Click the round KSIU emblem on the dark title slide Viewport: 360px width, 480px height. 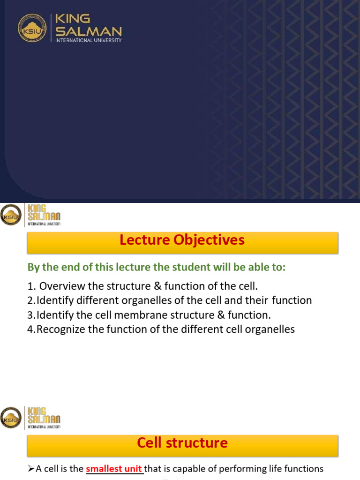pos(33,28)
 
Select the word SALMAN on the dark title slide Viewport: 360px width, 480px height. pos(89,32)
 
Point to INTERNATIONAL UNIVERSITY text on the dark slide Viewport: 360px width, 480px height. pos(89,41)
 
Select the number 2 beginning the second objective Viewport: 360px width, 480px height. pos(30,300)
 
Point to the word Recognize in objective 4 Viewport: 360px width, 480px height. pos(60,329)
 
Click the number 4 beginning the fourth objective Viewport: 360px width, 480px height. pos(30,329)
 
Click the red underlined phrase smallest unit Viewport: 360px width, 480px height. pos(114,469)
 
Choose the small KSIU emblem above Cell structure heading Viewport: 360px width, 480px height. pos(11,417)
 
